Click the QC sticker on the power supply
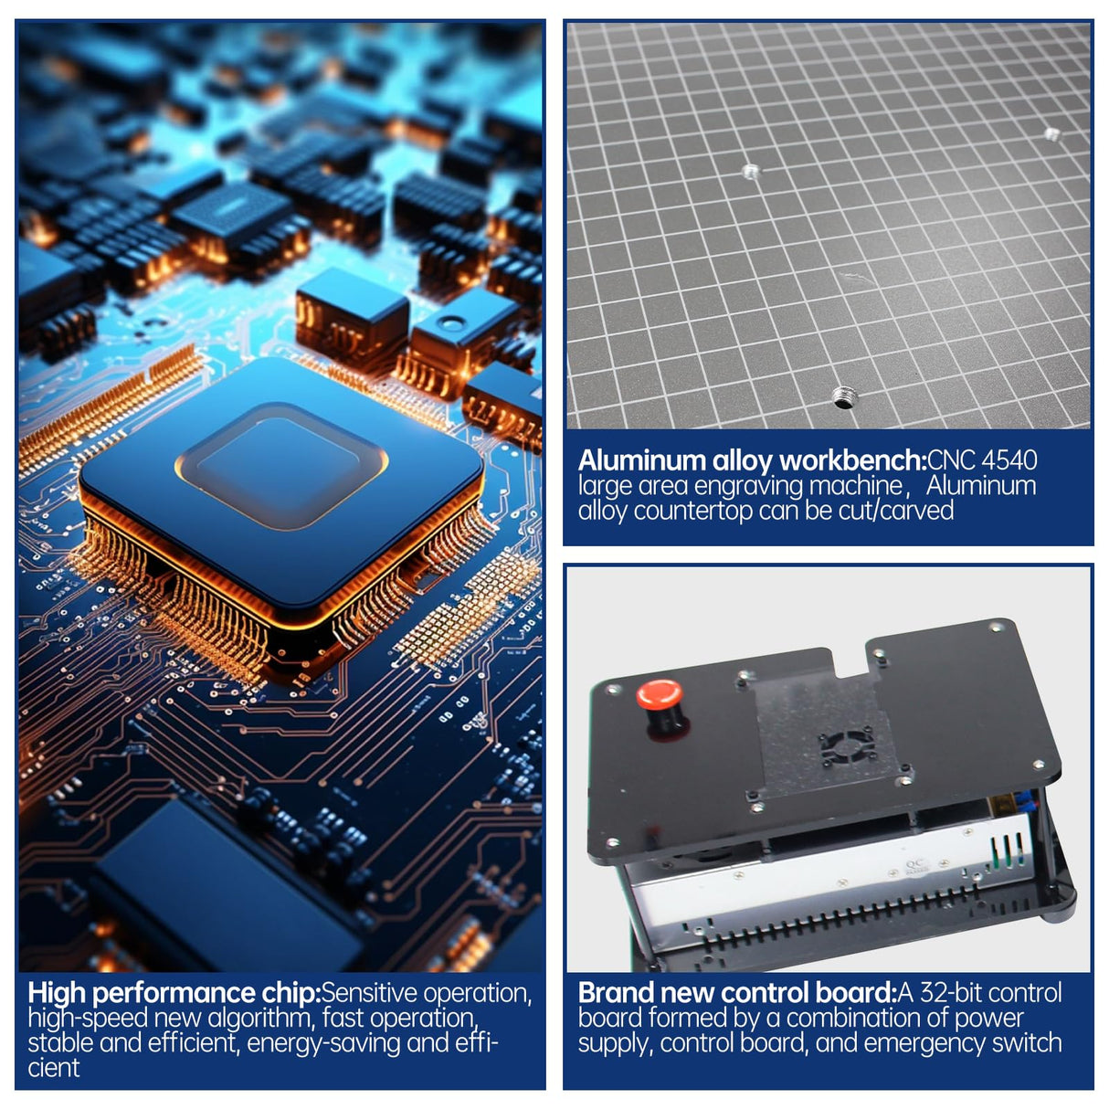(x=915, y=865)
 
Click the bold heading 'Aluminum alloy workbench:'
(x=753, y=460)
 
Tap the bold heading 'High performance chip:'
(x=174, y=993)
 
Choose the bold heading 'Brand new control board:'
(x=738, y=993)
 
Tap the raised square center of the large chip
(x=280, y=465)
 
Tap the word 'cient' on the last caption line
(x=54, y=1068)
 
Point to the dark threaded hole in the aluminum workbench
(x=845, y=397)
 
